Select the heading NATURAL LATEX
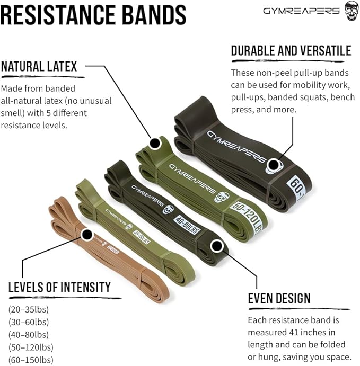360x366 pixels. click(x=39, y=67)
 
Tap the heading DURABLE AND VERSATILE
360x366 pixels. click(x=291, y=51)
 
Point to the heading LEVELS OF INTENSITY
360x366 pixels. click(x=59, y=288)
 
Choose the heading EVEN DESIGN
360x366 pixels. click(x=279, y=298)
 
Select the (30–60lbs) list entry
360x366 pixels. click(x=28, y=322)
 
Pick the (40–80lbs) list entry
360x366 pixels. click(x=28, y=335)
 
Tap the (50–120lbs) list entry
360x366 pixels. click(x=30, y=347)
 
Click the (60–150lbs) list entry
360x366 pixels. click(x=30, y=360)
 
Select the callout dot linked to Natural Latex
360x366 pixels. click(x=154, y=143)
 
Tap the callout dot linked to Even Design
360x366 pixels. click(x=216, y=245)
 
